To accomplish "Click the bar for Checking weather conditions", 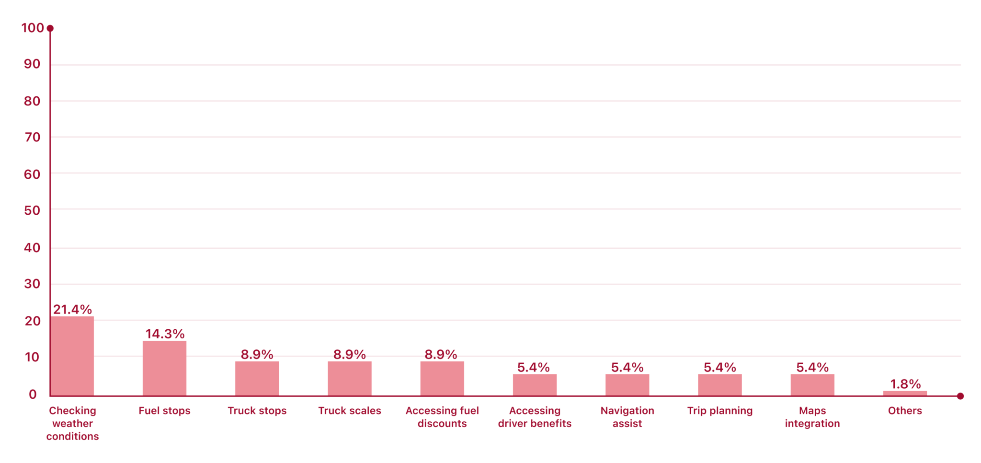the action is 72,356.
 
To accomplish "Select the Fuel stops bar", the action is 164,368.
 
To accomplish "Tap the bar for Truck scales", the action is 350,379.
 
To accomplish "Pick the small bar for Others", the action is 905,394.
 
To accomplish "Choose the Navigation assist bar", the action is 627,385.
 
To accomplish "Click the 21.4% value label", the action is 72,309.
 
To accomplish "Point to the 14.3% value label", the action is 165,334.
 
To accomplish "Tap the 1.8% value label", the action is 905,384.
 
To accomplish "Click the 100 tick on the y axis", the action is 33,28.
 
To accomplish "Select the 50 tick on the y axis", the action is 32,210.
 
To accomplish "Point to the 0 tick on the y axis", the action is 33,394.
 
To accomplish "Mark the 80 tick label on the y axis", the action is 32,101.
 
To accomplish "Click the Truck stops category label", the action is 257,411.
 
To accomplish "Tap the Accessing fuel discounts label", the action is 442,417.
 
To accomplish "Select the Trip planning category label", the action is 720,411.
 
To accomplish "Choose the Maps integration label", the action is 812,417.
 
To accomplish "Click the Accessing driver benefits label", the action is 535,417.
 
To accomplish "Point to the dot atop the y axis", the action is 50,28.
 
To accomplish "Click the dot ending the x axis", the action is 960,396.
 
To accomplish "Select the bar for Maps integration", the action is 812,385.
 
